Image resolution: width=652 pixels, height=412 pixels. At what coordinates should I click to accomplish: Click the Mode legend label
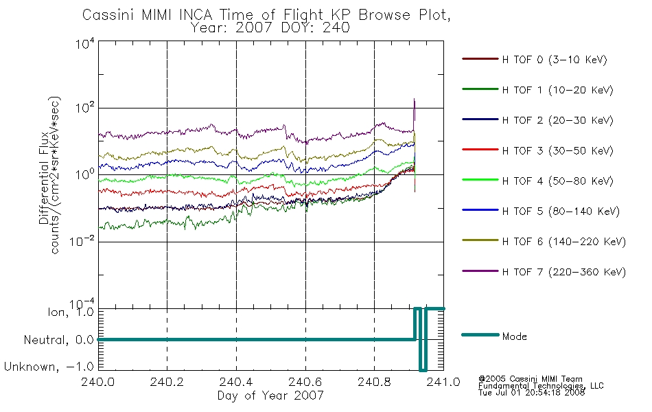coord(514,336)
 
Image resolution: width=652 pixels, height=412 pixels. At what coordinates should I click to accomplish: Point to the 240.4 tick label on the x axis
coord(236,382)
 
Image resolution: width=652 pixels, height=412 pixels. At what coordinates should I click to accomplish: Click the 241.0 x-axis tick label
coord(443,382)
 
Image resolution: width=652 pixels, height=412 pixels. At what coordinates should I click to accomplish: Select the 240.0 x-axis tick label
coord(98,382)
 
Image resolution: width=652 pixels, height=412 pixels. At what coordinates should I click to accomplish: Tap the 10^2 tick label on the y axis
coord(85,108)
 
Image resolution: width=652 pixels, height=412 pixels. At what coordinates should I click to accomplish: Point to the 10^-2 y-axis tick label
coord(82,242)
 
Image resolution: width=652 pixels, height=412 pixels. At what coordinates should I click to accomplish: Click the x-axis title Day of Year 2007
coord(270,396)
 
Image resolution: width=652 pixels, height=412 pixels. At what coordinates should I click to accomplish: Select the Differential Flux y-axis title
coord(44,178)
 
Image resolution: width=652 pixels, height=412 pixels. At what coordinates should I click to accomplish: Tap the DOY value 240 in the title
coord(336,28)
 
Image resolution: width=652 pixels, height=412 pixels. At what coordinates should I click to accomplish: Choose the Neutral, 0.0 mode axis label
coord(58,340)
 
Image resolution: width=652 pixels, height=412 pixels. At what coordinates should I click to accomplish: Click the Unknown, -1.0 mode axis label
coord(49,367)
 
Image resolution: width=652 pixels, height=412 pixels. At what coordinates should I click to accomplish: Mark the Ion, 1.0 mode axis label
coord(70,312)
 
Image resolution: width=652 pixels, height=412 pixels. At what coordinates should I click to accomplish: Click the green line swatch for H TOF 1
coord(480,89)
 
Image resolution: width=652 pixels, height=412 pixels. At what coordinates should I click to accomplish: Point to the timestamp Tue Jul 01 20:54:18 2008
coord(531,393)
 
